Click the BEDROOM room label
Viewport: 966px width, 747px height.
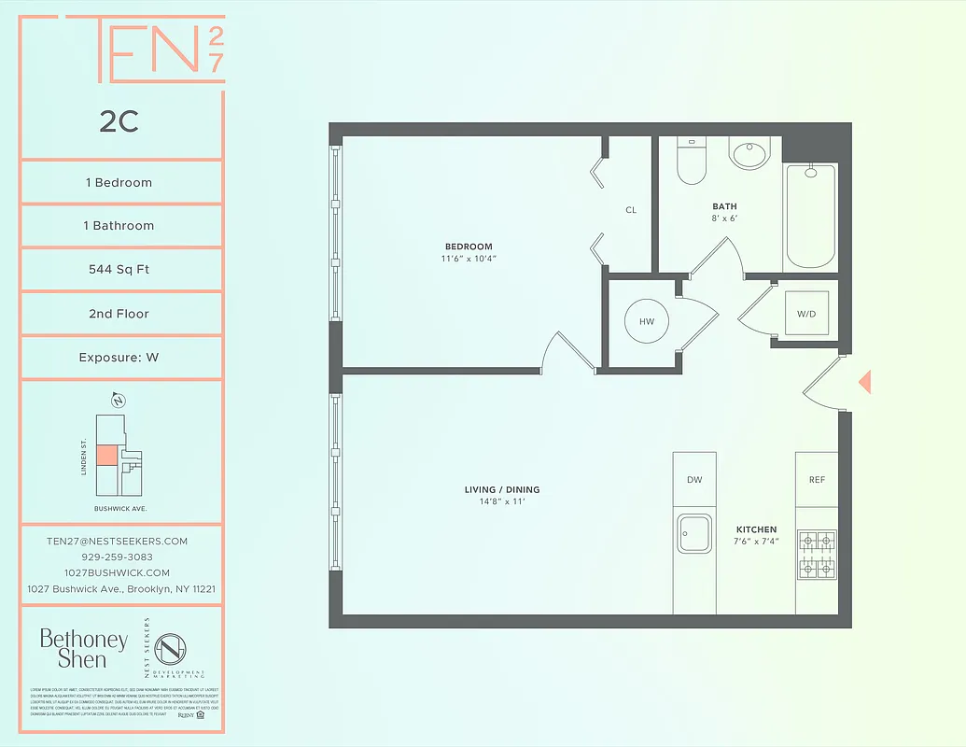(469, 247)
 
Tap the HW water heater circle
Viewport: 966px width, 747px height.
(647, 321)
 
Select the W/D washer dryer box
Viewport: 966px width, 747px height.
(805, 314)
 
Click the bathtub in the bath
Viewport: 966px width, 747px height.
(811, 217)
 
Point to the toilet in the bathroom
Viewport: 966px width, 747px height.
(691, 162)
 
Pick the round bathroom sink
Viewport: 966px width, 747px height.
(749, 153)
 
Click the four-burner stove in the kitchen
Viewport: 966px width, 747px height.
(817, 555)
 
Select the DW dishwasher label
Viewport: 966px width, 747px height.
(694, 480)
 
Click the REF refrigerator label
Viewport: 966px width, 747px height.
(817, 480)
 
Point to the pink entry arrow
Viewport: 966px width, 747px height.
(864, 381)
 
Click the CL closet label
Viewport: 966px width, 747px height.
(631, 210)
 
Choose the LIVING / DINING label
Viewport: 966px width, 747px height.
(502, 489)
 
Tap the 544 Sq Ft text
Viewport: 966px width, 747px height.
(119, 270)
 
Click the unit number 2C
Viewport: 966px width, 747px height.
(119, 121)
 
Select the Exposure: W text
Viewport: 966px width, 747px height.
(119, 358)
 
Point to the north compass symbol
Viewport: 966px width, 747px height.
(119, 402)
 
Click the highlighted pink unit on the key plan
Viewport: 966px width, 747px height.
(107, 455)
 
